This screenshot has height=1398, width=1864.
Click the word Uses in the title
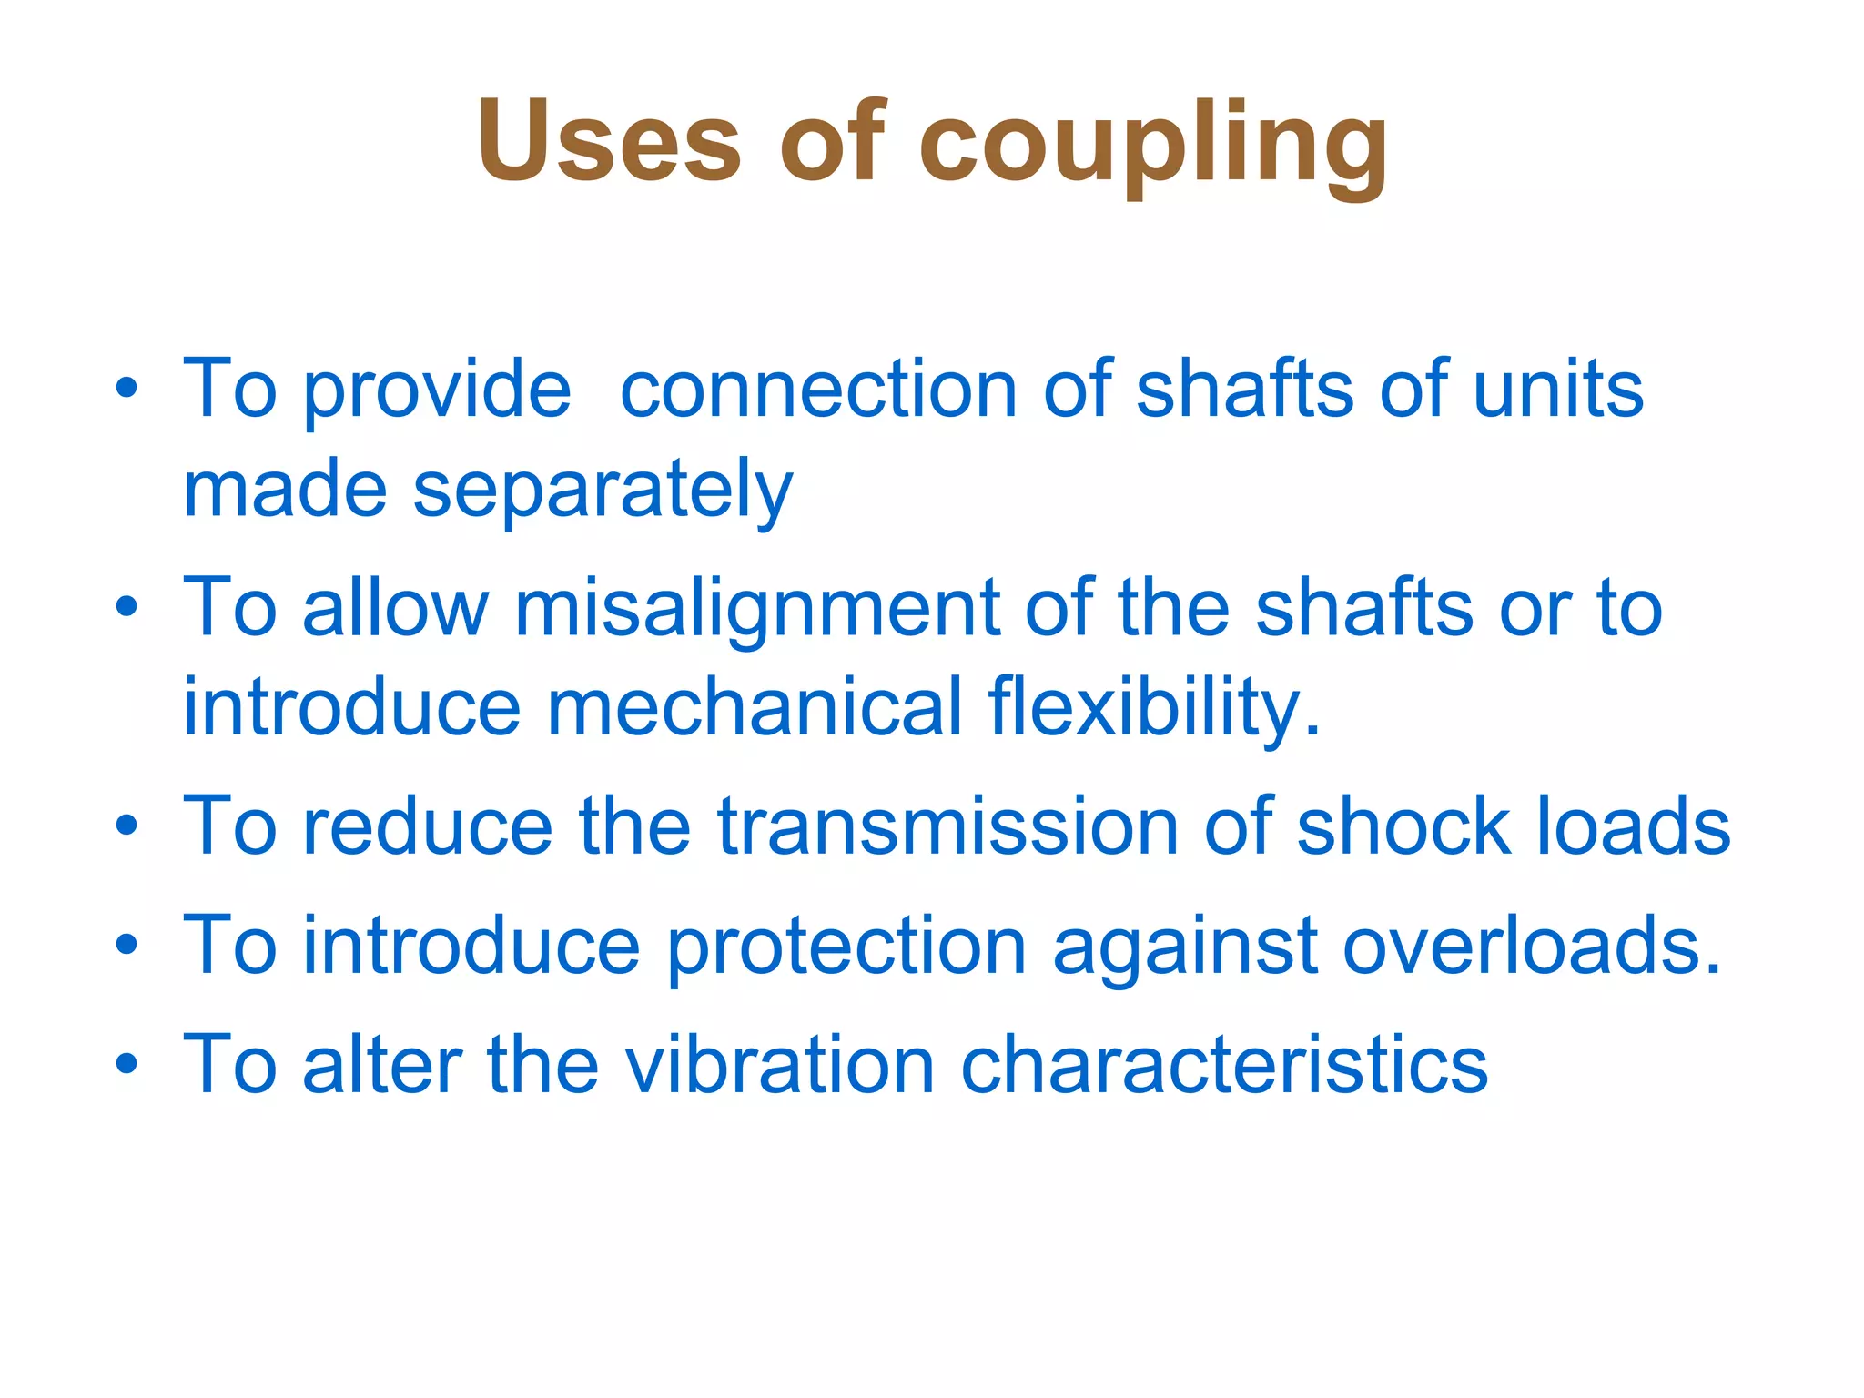pyautogui.click(x=609, y=142)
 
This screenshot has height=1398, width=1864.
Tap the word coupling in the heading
pyautogui.click(x=1152, y=146)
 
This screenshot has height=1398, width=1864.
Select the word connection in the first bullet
pyautogui.click(x=817, y=390)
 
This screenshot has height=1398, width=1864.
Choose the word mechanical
pyautogui.click(x=754, y=708)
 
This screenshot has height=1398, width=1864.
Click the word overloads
pyautogui.click(x=1533, y=947)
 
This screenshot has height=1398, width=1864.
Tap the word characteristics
pyautogui.click(x=1224, y=1065)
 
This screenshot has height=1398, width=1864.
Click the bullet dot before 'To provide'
pyautogui.click(x=127, y=390)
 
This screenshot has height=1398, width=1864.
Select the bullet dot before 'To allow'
pyautogui.click(x=127, y=608)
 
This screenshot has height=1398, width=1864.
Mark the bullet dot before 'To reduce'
pyautogui.click(x=127, y=826)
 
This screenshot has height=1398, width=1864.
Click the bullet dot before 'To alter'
pyautogui.click(x=127, y=1063)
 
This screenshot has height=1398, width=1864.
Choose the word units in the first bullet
pyautogui.click(x=1558, y=390)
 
